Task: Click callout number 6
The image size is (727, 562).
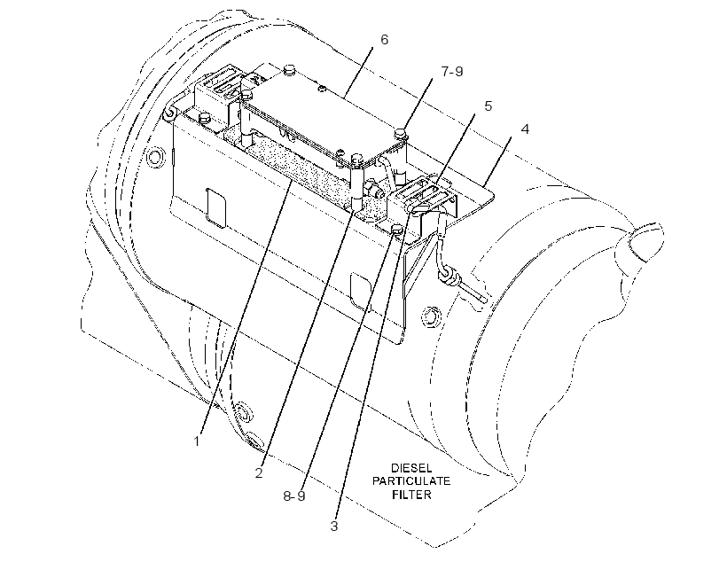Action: (385, 40)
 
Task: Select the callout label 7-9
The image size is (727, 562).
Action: (452, 72)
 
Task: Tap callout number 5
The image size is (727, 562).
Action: (489, 106)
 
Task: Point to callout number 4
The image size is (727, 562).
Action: (525, 129)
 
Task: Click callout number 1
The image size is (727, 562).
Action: (197, 441)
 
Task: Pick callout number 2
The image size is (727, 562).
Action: (259, 473)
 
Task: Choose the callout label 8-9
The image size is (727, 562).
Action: (294, 496)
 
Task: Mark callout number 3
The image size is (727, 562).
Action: (334, 527)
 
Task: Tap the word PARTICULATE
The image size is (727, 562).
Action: (411, 480)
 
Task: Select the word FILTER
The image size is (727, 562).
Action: (411, 495)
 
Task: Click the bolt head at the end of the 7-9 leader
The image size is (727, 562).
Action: (401, 134)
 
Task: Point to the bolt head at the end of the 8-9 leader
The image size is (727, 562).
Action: (397, 229)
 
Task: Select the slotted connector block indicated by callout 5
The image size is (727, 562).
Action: (421, 197)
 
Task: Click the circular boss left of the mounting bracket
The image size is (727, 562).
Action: (155, 157)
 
